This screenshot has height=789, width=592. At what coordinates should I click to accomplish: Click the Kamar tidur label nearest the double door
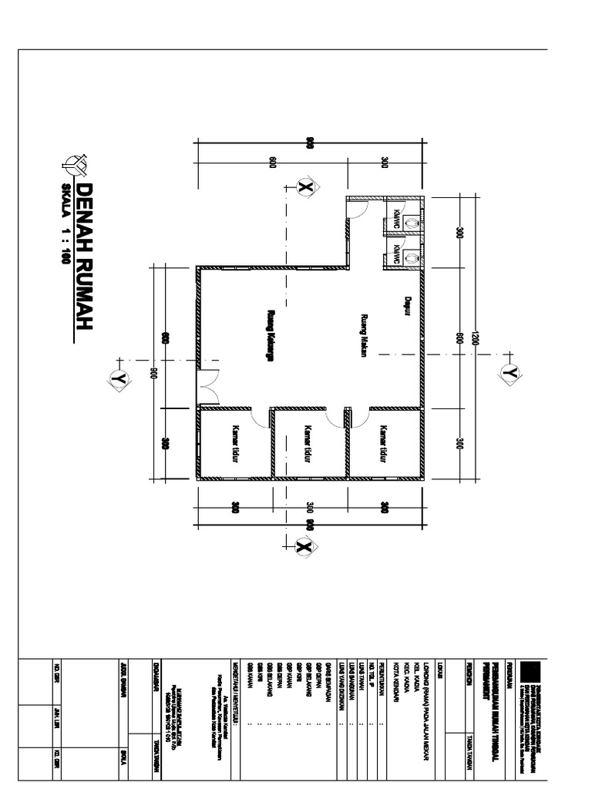click(234, 444)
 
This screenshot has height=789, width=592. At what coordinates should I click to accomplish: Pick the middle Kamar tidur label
click(308, 444)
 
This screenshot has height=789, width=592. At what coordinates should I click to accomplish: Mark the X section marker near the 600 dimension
click(304, 187)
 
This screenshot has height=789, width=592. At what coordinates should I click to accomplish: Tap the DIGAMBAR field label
click(158, 671)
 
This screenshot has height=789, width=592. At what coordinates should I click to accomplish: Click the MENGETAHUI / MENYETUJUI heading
click(236, 685)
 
